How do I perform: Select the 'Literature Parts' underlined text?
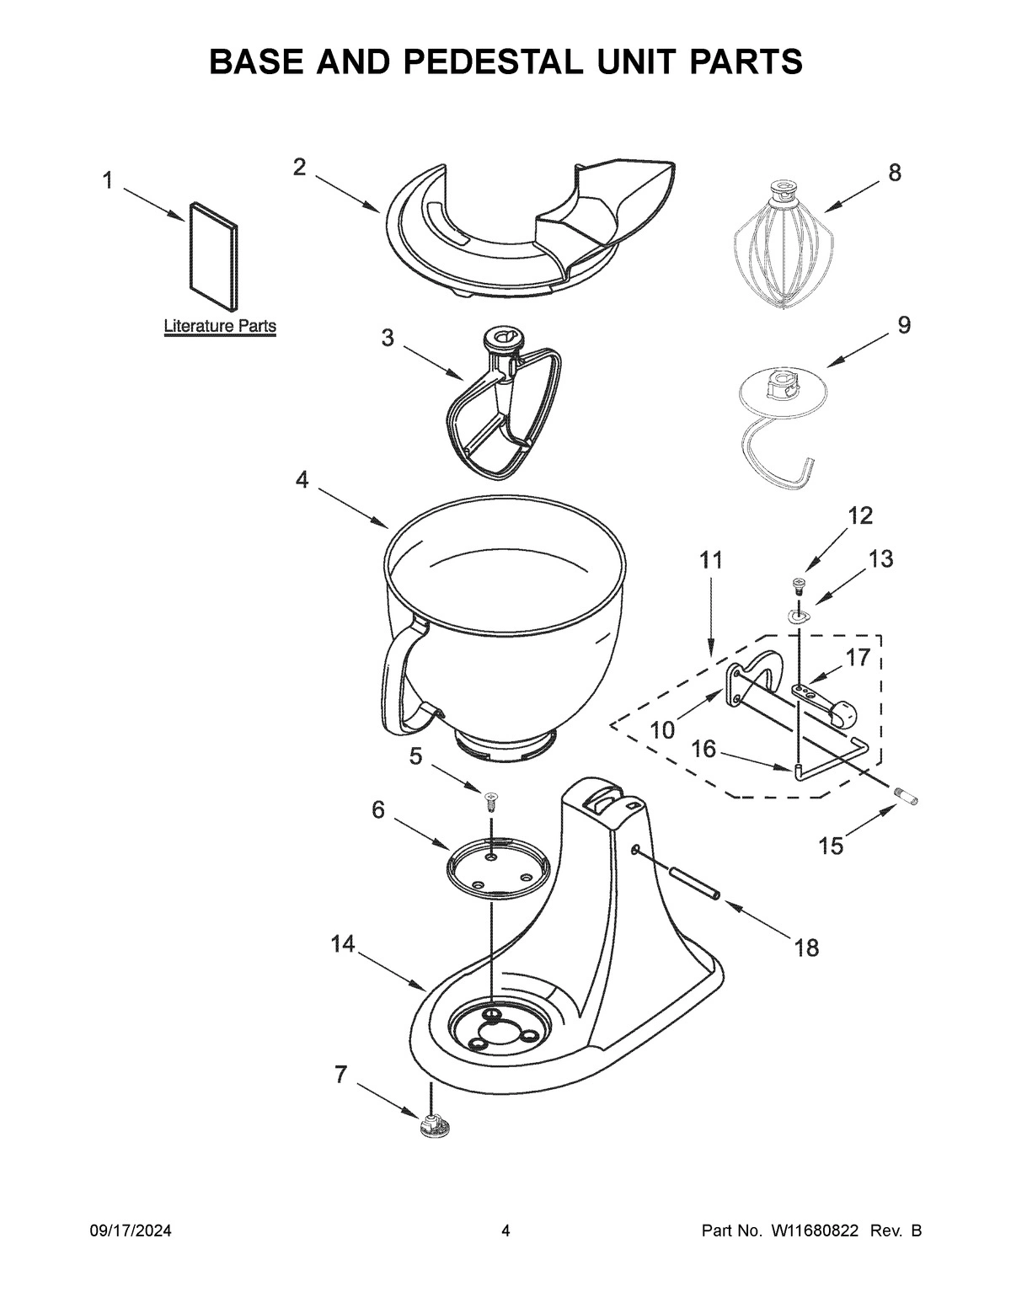tap(219, 326)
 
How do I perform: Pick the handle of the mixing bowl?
tap(400, 674)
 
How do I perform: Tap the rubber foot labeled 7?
tap(432, 1126)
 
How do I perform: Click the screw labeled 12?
tap(796, 583)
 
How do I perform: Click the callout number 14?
tap(342, 945)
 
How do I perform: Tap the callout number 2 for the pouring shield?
tap(299, 167)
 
